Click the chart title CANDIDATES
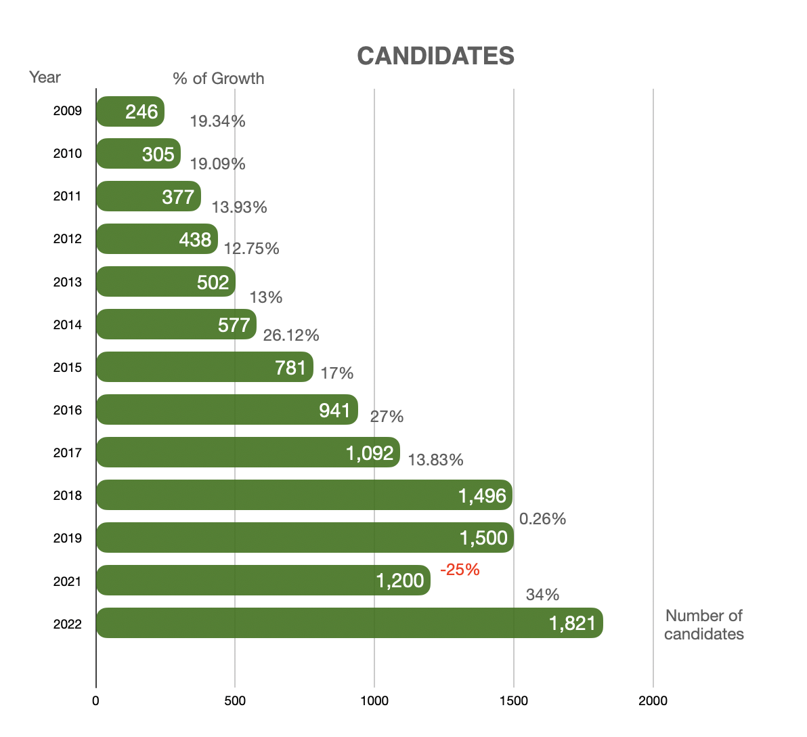tap(435, 56)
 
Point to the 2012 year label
tap(68, 239)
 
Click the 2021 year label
tap(68, 581)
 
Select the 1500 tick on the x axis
tap(513, 700)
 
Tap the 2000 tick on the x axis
tap(653, 700)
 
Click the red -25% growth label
tap(460, 570)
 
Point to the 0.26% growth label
tap(542, 519)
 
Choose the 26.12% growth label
tap(291, 335)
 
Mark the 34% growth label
tap(542, 595)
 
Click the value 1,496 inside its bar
tap(482, 496)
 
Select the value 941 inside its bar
tap(334, 410)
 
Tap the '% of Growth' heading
tap(218, 79)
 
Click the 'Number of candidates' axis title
tap(703, 625)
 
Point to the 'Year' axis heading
tap(45, 77)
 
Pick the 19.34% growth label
tap(217, 121)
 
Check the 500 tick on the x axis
tap(235, 700)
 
